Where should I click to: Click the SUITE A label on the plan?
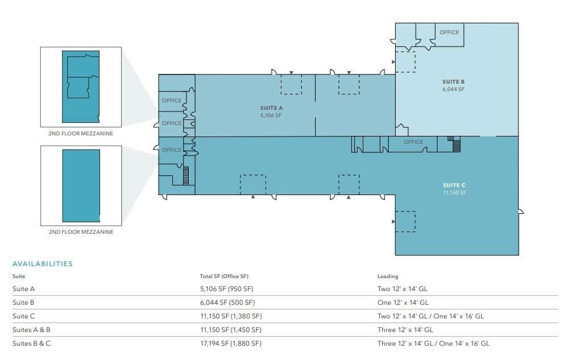click(x=271, y=107)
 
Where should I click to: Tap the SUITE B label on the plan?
click(x=454, y=82)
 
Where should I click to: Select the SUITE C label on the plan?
click(x=454, y=185)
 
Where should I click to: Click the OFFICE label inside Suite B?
click(x=449, y=32)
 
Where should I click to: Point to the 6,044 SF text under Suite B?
click(x=454, y=89)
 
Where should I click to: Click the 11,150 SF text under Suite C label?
click(x=454, y=193)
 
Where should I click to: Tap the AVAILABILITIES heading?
click(x=43, y=264)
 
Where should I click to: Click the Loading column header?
click(x=388, y=276)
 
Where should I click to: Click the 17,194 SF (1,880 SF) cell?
click(x=230, y=344)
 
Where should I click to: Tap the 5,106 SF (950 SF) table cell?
click(x=228, y=289)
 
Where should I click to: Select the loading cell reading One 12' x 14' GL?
click(x=403, y=303)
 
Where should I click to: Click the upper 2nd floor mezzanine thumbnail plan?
click(x=80, y=86)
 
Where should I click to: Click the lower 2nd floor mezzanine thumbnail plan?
click(x=80, y=185)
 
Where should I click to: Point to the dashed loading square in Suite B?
click(x=405, y=61)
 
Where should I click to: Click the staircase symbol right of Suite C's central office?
click(x=454, y=144)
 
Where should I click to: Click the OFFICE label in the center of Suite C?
click(x=413, y=142)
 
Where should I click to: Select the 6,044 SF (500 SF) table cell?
click(x=227, y=303)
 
